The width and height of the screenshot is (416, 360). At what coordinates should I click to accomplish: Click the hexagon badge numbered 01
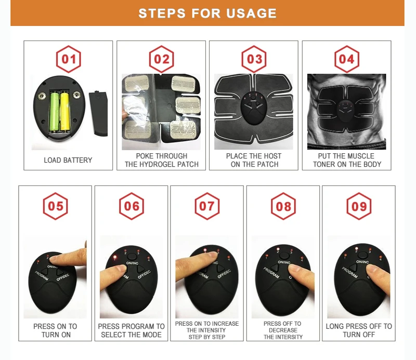(69, 59)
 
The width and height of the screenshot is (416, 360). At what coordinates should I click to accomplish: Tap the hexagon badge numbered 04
(347, 59)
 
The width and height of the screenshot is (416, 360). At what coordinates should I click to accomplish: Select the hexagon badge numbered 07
(207, 206)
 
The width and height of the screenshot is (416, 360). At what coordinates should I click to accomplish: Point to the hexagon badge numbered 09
(359, 206)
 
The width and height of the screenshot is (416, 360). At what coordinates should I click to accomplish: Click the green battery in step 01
(55, 111)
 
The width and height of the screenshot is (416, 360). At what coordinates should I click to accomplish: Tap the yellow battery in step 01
(64, 111)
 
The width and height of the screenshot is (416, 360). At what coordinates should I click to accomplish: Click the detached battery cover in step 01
(98, 114)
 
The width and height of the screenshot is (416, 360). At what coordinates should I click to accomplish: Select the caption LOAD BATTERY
(68, 160)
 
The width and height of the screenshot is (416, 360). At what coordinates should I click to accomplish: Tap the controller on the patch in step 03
(254, 109)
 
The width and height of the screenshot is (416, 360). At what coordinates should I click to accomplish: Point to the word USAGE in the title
(252, 14)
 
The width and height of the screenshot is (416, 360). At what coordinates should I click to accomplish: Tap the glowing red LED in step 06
(115, 257)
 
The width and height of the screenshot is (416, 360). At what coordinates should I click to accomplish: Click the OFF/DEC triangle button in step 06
(140, 270)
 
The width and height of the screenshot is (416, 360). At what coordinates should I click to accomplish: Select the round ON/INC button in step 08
(284, 256)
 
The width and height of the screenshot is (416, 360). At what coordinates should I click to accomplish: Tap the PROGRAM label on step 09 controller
(349, 273)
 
